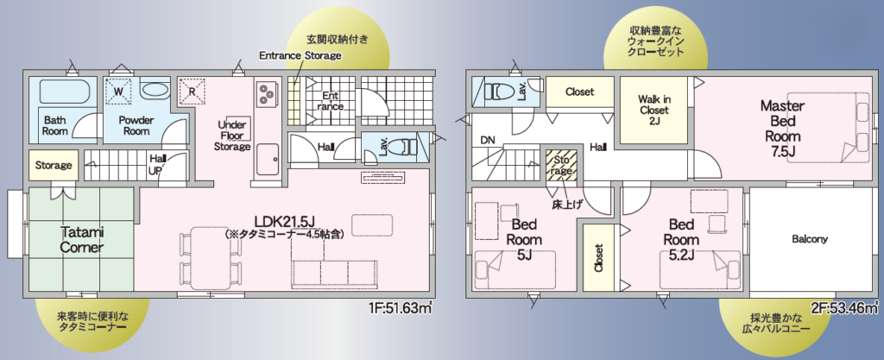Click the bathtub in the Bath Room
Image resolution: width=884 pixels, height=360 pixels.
coord(66,92)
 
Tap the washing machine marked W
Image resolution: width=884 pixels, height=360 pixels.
coord(119,91)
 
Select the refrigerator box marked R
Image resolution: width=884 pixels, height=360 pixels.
coord(192,91)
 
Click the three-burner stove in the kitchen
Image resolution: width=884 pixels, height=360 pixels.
coord(265,92)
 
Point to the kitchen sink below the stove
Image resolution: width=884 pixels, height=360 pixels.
coord(268,159)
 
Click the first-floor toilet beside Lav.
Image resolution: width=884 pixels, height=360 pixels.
coord(402,147)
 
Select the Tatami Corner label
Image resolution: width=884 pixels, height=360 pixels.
coord(81,240)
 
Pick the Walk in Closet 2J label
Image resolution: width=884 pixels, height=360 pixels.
coord(654,110)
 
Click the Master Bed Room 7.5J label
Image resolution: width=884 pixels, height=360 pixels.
coord(782,129)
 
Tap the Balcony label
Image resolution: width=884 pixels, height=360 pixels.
coord(810,239)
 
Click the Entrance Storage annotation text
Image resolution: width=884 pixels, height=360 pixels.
coord(300,55)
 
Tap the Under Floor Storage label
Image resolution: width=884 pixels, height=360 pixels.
coord(233,136)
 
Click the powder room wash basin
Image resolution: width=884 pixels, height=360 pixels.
coord(153,90)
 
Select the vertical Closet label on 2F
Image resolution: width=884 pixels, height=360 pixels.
coord(598,257)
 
